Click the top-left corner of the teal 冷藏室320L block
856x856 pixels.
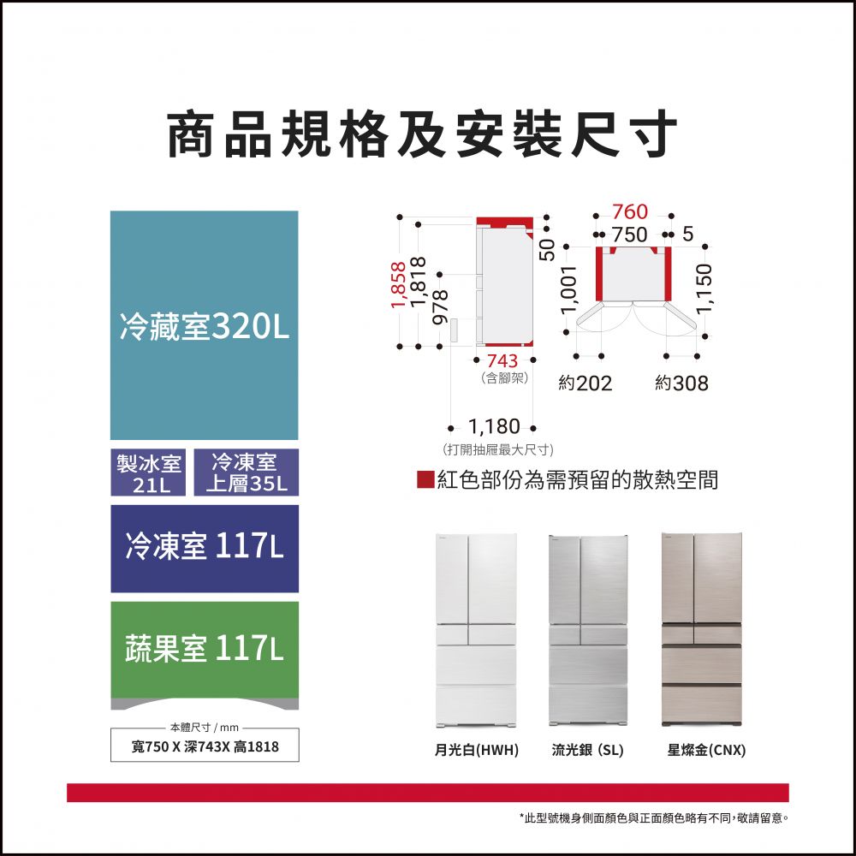point(110,211)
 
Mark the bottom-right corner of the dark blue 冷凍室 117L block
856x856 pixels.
point(298,591)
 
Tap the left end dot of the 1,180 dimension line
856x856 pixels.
point(450,428)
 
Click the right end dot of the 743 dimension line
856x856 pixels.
point(533,360)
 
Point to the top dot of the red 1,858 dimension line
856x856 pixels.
point(400,217)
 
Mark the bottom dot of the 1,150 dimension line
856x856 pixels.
point(705,336)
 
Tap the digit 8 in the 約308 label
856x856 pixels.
point(702,383)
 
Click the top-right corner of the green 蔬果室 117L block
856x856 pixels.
point(298,602)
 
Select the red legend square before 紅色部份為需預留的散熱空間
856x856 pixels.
point(425,479)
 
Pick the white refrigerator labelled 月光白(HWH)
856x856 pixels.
point(476,631)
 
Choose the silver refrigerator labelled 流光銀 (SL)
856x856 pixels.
point(588,631)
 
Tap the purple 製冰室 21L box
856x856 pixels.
point(148,473)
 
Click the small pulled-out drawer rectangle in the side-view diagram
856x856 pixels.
point(455,330)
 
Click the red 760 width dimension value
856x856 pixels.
point(629,211)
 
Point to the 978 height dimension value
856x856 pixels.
point(441,306)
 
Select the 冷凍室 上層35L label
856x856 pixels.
point(247,473)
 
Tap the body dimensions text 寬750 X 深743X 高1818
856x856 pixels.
point(205,746)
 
